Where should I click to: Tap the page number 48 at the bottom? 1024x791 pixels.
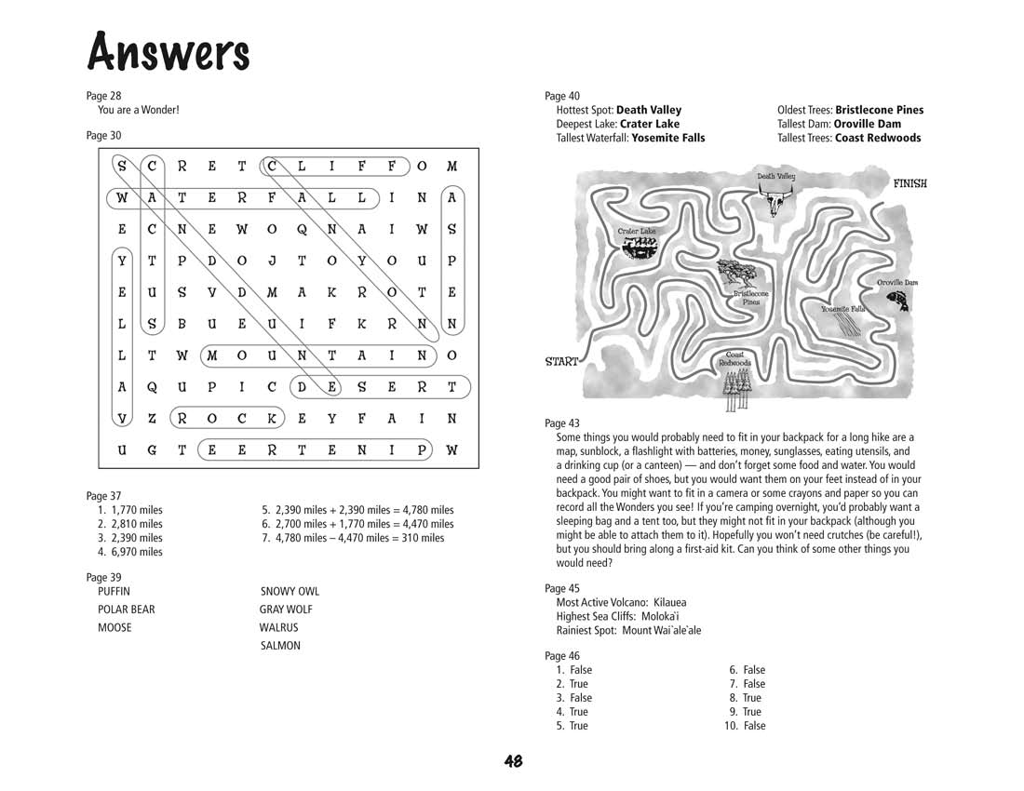pyautogui.click(x=513, y=761)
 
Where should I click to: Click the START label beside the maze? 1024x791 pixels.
pyautogui.click(x=561, y=362)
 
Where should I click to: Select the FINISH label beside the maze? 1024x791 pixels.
pyautogui.click(x=909, y=183)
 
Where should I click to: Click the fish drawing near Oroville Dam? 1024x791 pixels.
pyautogui.click(x=897, y=300)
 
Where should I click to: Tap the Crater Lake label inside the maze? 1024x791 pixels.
pyautogui.click(x=637, y=231)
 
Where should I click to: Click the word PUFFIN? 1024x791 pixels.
pyautogui.click(x=114, y=591)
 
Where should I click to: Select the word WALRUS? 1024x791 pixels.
pyautogui.click(x=278, y=627)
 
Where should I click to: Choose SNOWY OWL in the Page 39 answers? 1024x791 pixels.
pyautogui.click(x=290, y=591)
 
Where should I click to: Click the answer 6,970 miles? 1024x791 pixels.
pyautogui.click(x=136, y=552)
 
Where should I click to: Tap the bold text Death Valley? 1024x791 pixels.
pyautogui.click(x=649, y=110)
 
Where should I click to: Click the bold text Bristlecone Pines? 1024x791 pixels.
pyautogui.click(x=879, y=110)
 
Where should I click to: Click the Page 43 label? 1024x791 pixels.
pyautogui.click(x=562, y=422)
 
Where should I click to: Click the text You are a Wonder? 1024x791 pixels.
pyautogui.click(x=139, y=110)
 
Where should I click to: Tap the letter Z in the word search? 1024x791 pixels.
pyautogui.click(x=152, y=419)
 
